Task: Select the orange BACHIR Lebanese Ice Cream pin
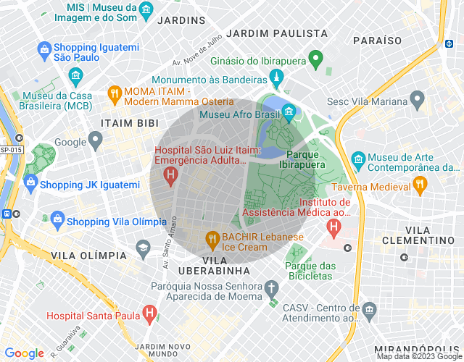point(212,237)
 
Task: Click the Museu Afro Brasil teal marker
point(289,112)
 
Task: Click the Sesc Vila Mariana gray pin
point(417,98)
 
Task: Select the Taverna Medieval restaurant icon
point(420,185)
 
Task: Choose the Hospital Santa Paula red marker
point(149,313)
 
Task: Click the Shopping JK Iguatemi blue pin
point(30,185)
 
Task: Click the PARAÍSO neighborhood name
point(377,40)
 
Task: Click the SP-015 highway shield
point(11,149)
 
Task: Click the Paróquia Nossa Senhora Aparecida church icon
point(272,287)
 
